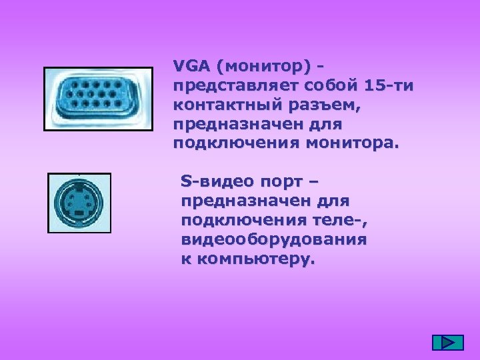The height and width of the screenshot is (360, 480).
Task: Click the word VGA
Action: point(190,67)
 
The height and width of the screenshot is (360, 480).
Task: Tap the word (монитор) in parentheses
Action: point(263,67)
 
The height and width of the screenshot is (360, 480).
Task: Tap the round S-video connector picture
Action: point(79,203)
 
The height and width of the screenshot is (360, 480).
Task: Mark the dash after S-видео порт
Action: point(314,181)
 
